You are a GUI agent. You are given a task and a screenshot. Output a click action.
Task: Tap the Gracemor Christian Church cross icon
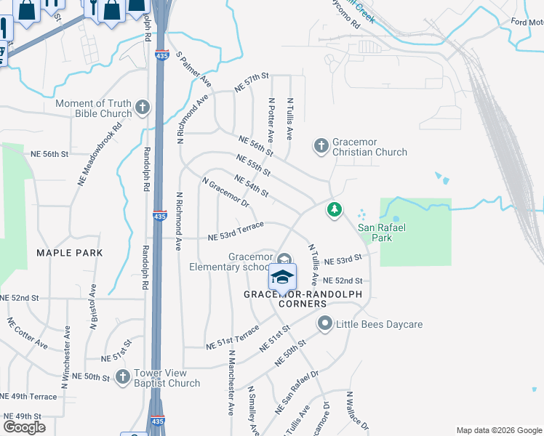(x=321, y=146)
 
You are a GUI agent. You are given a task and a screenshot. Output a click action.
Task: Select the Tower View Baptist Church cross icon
(x=122, y=377)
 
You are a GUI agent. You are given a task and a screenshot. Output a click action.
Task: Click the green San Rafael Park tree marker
(x=335, y=209)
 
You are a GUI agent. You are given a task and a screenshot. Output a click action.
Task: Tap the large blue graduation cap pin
(x=283, y=276)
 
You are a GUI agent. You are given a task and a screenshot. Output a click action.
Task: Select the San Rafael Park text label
(x=375, y=233)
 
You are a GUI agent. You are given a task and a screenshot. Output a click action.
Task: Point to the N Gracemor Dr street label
(x=225, y=194)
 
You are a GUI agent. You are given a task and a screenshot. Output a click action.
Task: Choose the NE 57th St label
(x=252, y=82)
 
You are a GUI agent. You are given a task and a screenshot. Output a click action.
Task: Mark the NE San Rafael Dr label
(x=297, y=393)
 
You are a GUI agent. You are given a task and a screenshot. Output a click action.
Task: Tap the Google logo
(x=24, y=427)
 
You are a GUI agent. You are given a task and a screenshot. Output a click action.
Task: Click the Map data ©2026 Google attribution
(x=498, y=430)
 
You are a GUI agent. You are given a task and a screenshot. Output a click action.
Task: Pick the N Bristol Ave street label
(x=93, y=308)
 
